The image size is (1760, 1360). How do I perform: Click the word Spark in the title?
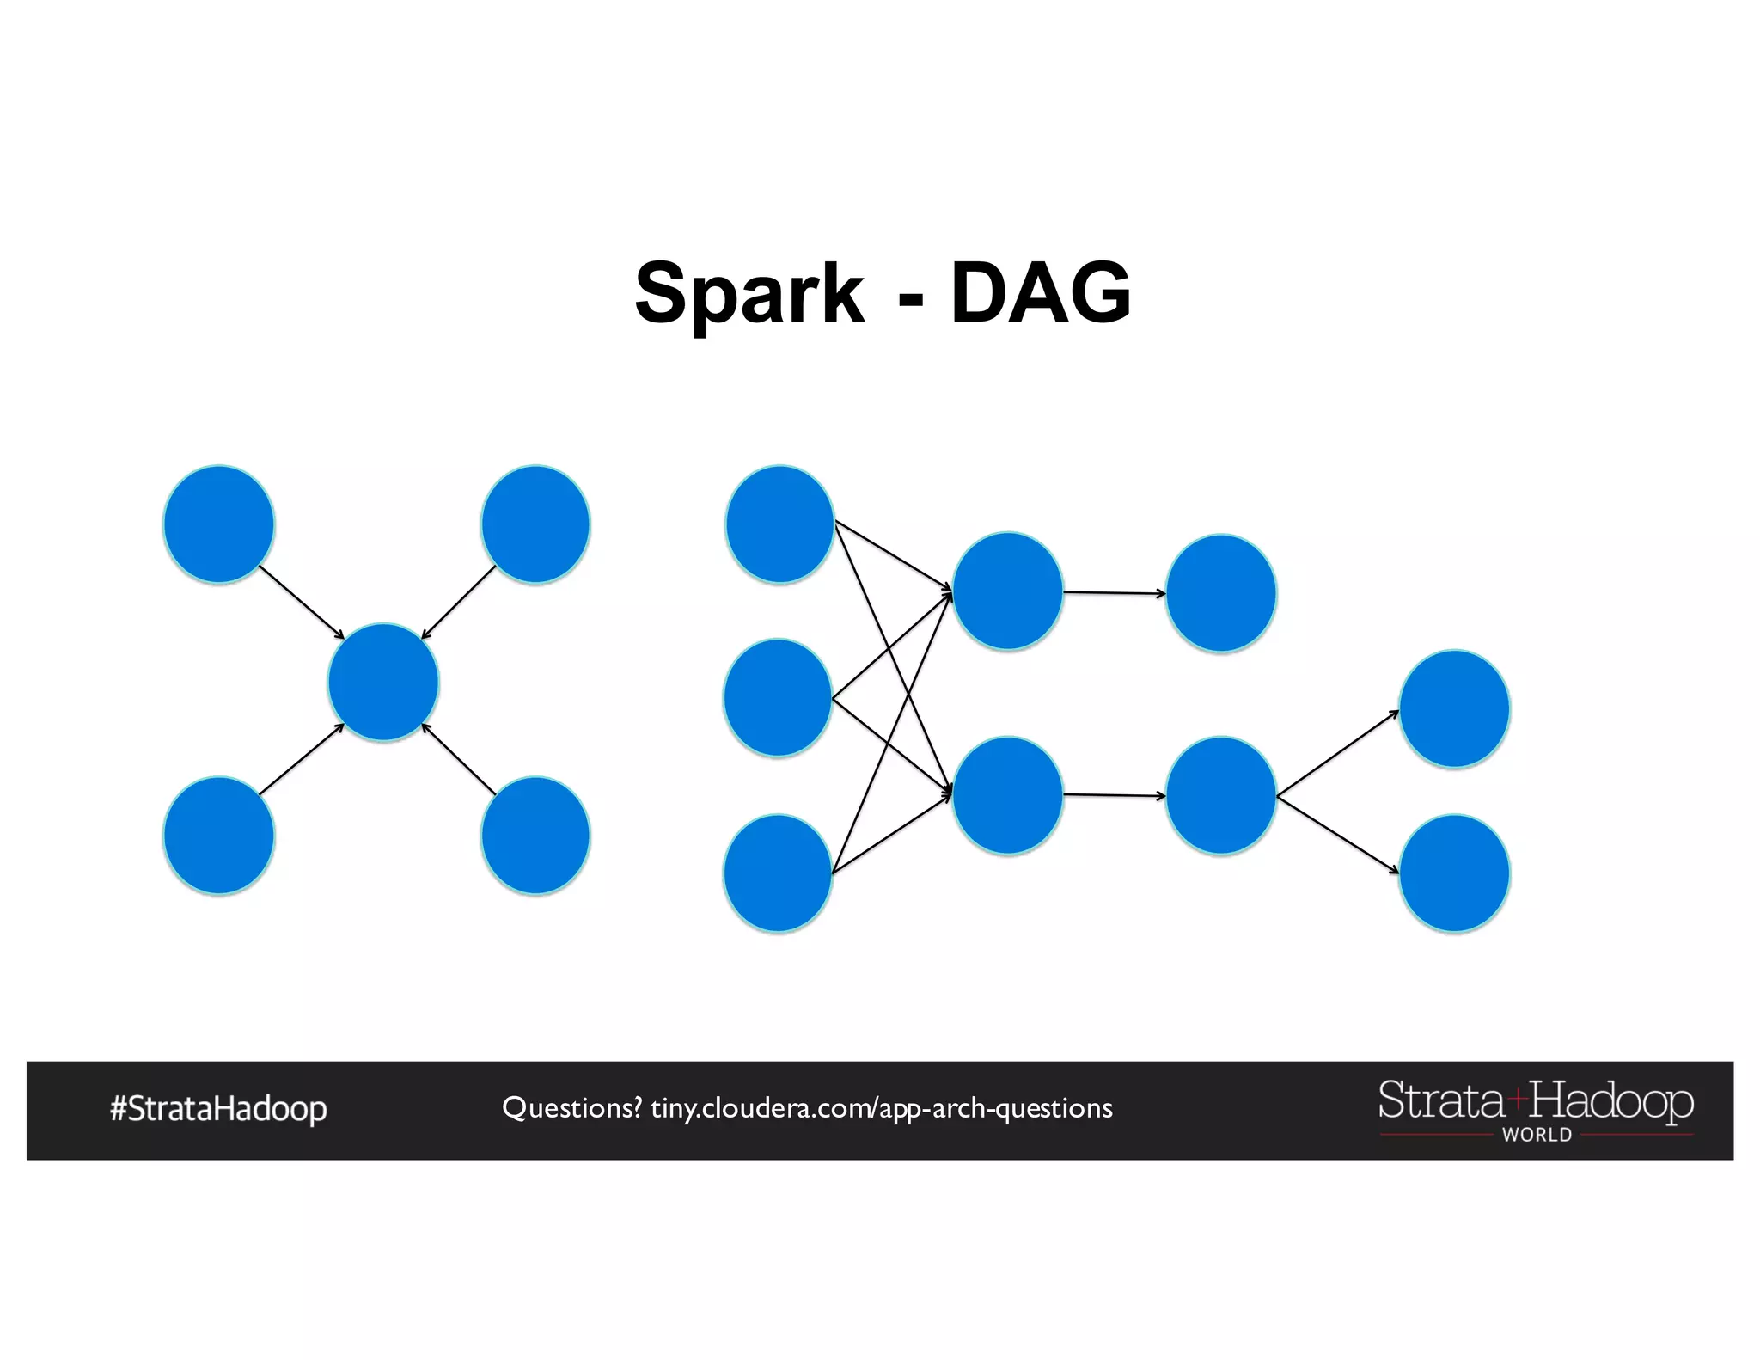[x=749, y=294]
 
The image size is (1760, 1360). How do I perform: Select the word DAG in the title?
[x=1041, y=294]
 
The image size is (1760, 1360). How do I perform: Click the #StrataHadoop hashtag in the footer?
[x=218, y=1108]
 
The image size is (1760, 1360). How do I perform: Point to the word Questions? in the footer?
[x=571, y=1108]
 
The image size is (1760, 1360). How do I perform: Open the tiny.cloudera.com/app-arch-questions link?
[x=881, y=1108]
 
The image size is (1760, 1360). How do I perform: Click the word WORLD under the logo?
[x=1537, y=1135]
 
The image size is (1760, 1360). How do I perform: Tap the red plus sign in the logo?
[x=1517, y=1097]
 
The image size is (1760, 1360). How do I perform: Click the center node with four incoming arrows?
[x=383, y=682]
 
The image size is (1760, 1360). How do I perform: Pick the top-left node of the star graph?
[x=219, y=524]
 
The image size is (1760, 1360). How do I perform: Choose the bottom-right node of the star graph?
[x=535, y=836]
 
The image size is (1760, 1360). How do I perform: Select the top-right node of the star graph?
[x=535, y=524]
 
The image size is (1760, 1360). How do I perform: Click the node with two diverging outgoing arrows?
[x=1220, y=795]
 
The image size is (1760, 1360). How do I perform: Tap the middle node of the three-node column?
[x=778, y=697]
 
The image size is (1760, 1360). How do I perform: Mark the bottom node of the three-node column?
[x=778, y=873]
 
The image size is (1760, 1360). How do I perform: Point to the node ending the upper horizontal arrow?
[x=1220, y=593]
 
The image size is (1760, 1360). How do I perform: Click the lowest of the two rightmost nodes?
[x=1454, y=873]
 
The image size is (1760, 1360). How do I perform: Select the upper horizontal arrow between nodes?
[x=1114, y=592]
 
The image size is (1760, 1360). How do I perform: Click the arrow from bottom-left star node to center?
[x=301, y=759]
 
